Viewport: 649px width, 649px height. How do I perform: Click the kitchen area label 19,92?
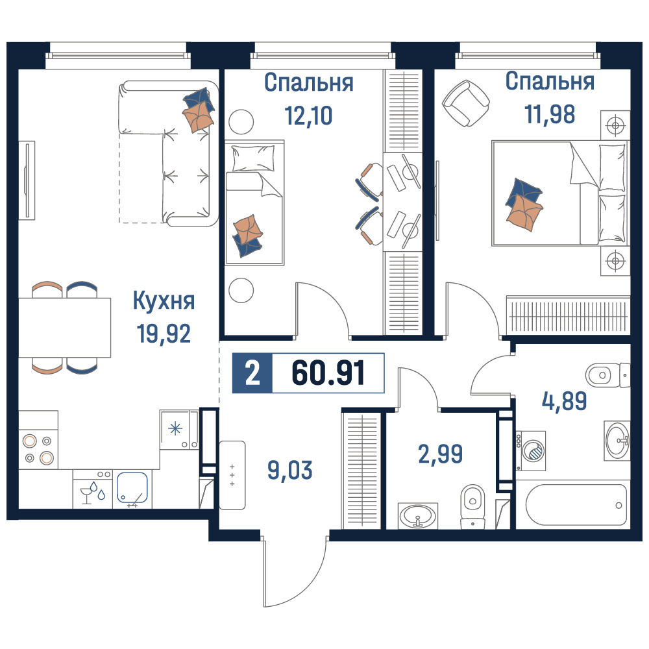[164, 334]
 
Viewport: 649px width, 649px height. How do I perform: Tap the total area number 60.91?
[328, 373]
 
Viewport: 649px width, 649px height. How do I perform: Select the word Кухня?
[164, 301]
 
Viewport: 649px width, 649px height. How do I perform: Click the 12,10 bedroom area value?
[308, 115]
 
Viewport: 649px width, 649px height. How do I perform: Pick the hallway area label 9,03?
[289, 470]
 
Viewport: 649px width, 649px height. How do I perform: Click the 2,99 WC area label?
[441, 454]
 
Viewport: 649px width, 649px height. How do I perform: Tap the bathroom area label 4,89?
[565, 400]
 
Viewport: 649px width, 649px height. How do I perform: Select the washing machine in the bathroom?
[531, 450]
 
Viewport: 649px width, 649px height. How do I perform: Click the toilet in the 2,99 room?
[472, 507]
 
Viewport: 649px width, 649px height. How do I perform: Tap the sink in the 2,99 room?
[417, 516]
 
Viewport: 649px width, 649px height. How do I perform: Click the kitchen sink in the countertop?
[132, 489]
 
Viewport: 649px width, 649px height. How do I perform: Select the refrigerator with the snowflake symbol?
[180, 430]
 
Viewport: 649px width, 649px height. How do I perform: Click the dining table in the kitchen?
[64, 327]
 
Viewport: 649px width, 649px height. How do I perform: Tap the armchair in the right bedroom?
[466, 103]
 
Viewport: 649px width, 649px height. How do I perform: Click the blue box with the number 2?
[252, 373]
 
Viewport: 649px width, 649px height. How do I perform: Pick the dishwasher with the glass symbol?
[93, 489]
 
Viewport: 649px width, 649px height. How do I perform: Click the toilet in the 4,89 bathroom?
[607, 375]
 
